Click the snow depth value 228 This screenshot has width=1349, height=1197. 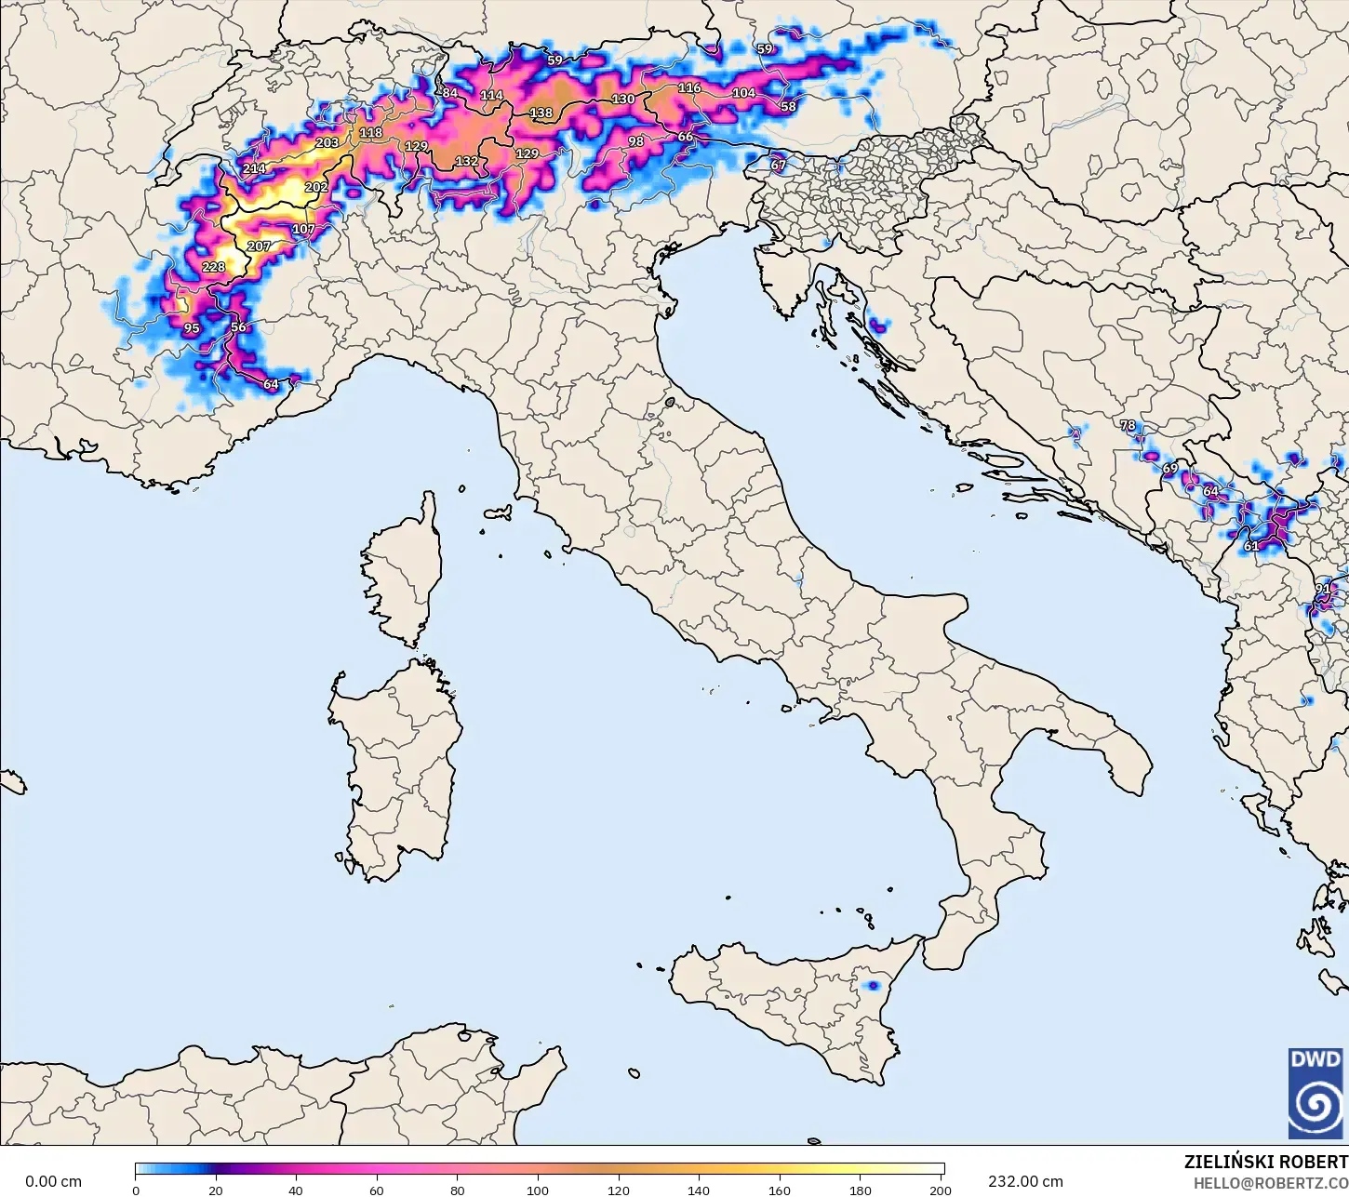point(213,268)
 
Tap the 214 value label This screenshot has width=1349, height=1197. point(254,169)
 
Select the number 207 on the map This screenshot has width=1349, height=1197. point(259,246)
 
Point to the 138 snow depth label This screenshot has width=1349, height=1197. point(541,113)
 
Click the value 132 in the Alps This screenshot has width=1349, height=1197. point(466,162)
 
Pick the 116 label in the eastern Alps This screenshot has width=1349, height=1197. point(688,88)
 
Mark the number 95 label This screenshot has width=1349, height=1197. point(192,328)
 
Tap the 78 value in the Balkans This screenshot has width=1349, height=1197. point(1128,425)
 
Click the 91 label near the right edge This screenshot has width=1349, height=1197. point(1322,589)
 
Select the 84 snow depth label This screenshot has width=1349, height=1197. point(449,93)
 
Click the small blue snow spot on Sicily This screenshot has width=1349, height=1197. point(873,985)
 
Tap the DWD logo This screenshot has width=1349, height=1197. point(1316,1093)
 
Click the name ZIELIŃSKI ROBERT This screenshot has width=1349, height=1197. point(1265,1163)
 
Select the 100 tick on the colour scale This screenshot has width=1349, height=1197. point(538,1190)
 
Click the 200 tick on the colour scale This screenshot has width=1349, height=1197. point(941,1190)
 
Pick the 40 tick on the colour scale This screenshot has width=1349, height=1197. point(296,1190)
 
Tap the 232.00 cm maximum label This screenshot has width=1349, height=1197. point(1025,1181)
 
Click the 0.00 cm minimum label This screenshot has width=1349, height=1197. point(53,1181)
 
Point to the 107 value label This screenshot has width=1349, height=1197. point(303,230)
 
